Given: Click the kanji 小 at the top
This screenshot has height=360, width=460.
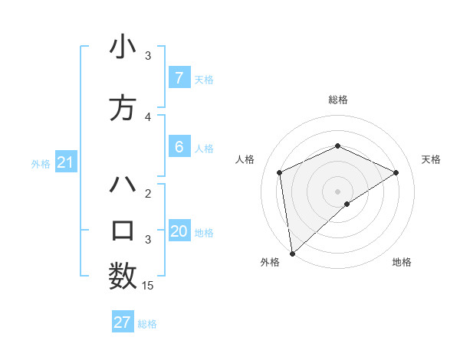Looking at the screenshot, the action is click(123, 47).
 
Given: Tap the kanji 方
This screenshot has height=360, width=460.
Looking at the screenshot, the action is click(123, 109).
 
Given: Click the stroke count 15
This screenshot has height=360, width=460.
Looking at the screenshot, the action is click(148, 286).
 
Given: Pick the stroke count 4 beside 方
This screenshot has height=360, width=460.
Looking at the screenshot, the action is click(148, 117).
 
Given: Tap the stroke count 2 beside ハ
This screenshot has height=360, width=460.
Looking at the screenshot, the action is click(148, 194).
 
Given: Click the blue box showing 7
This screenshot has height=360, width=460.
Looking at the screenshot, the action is click(179, 77).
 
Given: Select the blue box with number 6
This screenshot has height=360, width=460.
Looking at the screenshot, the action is click(179, 147).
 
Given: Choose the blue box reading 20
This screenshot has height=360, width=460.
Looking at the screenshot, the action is click(179, 231).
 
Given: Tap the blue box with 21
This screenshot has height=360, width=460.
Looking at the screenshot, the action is click(65, 162).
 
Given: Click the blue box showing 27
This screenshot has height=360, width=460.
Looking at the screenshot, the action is click(123, 322).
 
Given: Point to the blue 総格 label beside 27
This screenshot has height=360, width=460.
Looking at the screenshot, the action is click(147, 324).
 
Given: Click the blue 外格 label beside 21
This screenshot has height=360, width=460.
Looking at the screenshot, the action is click(41, 163).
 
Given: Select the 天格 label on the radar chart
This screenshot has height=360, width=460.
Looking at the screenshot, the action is click(431, 159).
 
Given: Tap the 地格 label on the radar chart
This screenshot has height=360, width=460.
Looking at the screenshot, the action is click(402, 262).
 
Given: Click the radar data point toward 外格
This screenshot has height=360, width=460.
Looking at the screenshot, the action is click(292, 254).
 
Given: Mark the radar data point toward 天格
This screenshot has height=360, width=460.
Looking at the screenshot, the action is click(396, 172).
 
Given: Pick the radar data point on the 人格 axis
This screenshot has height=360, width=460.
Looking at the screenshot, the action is click(280, 172).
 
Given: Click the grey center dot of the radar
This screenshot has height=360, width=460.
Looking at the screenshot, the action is click(338, 191).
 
